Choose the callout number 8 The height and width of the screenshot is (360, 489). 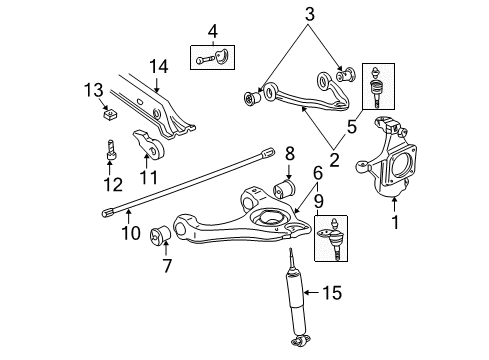pos(289,154)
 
